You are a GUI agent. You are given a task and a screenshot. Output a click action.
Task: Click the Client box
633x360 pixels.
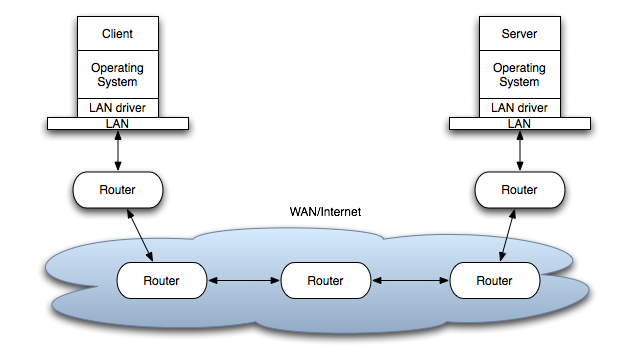pos(118,33)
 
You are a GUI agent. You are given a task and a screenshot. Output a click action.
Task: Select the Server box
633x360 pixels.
pos(520,33)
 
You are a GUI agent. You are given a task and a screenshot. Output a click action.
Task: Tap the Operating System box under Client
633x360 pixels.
pos(118,75)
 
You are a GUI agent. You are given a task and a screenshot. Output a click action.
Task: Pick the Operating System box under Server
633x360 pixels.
pos(520,75)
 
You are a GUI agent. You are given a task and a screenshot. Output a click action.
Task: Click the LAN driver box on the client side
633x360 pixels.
pos(118,108)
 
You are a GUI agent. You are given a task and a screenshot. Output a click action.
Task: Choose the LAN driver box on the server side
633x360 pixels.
pos(520,108)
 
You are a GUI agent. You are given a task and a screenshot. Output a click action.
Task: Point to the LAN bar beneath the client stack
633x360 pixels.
pos(118,123)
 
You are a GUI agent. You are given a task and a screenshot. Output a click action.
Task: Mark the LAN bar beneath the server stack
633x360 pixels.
pos(520,123)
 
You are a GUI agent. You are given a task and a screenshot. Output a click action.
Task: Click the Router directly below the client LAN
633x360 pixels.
pos(118,190)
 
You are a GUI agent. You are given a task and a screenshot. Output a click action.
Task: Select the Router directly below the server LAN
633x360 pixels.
pos(520,190)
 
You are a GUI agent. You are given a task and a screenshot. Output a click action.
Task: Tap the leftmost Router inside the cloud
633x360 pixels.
pos(162,280)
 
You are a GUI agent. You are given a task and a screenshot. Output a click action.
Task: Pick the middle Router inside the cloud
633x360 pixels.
pos(326,280)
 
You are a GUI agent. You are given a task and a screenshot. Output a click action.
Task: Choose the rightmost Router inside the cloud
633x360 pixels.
pos(495,280)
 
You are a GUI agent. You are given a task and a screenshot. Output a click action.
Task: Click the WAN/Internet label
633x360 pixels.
pos(325,212)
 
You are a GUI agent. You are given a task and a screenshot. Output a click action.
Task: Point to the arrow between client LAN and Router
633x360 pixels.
pos(118,151)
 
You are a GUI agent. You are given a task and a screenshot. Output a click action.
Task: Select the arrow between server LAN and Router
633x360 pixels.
pos(520,151)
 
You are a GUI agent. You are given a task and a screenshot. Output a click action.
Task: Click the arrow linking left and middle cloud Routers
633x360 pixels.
pos(244,280)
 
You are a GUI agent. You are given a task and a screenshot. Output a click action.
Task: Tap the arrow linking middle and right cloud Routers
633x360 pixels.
pos(410,280)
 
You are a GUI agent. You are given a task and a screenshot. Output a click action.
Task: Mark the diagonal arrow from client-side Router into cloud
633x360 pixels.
pos(140,235)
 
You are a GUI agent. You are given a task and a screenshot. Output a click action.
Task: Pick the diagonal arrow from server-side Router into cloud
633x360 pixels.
pos(507,235)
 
